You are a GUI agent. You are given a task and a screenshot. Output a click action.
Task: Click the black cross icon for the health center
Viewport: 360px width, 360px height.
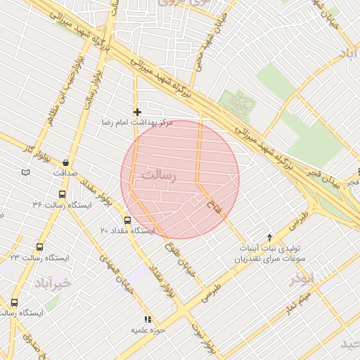[x=137, y=112]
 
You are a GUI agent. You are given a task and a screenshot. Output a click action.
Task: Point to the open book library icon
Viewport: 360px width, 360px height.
[x=26, y=172]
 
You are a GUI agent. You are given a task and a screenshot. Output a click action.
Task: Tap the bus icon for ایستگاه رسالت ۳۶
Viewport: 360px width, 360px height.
[x=62, y=194]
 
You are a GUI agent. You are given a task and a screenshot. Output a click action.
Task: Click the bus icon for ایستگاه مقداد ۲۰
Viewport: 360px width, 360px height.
[x=127, y=219]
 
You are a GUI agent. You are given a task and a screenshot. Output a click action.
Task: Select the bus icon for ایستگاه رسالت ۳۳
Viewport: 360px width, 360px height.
[x=39, y=247]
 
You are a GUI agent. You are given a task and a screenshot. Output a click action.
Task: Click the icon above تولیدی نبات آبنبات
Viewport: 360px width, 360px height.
[x=269, y=238]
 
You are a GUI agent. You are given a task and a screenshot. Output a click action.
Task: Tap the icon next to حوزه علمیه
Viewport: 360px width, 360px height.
[x=148, y=319]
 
